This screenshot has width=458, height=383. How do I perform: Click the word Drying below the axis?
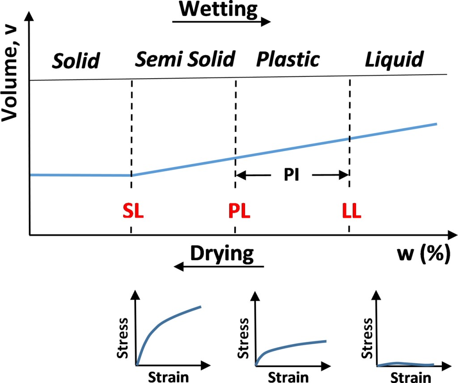pos(222,253)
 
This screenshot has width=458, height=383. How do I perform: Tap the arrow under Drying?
pos(219,267)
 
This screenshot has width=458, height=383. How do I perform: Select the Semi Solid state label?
pos(185,59)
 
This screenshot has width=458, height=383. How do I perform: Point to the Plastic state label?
pos(288,59)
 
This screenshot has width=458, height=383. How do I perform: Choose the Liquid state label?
pos(394,59)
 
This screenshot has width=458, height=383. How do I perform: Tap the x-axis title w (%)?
pos(423,254)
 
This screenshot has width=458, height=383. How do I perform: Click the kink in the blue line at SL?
pos(131,175)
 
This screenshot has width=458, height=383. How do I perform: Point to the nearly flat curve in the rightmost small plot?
pos(405,364)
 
